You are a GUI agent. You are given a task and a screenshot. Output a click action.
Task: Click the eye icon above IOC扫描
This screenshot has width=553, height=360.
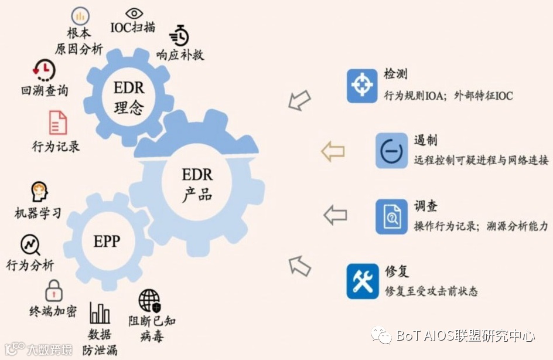coord(135,13)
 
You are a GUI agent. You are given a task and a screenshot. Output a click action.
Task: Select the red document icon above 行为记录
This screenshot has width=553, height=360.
coord(57,123)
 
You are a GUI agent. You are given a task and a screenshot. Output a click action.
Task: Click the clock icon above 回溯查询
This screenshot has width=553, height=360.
coord(44,70)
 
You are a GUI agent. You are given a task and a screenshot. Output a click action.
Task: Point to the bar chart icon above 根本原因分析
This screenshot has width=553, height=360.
coord(80,16)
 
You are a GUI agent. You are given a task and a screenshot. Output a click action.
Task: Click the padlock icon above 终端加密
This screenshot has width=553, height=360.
coord(53,290)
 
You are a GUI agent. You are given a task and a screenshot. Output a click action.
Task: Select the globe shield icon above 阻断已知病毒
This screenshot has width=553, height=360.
coord(149,300)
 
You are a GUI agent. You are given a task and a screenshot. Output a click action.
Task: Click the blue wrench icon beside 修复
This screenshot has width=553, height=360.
coord(362,281)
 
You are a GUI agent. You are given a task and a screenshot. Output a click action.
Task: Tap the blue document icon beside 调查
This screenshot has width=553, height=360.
coord(391,216)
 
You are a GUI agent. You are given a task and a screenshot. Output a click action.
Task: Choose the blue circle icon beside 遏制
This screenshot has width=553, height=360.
coord(391,151)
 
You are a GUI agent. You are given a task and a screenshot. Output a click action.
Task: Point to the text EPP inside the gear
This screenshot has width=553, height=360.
coord(107,241)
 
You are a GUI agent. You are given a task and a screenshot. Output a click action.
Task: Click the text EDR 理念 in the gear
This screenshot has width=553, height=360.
coord(128,99)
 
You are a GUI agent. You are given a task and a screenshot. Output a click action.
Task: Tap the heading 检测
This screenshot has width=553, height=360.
coord(395,74)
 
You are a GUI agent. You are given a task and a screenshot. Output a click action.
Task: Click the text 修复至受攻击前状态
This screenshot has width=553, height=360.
coord(431,291)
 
